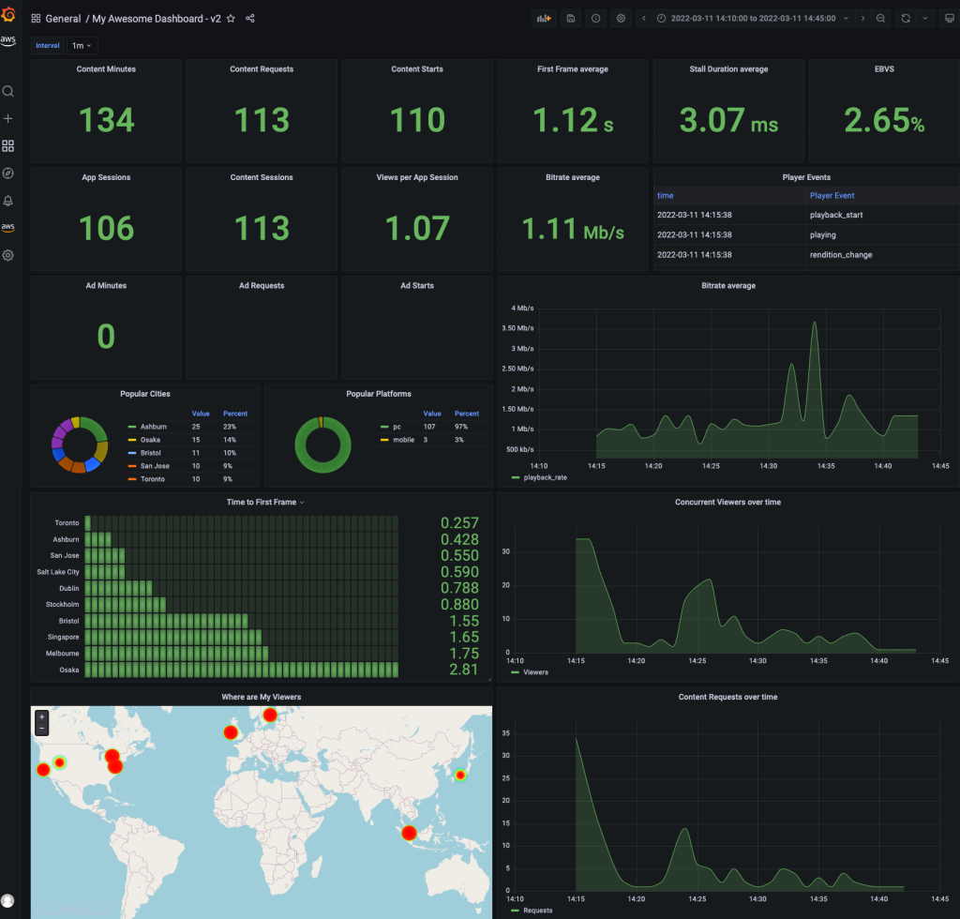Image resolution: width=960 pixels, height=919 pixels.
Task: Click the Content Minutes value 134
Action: click(x=107, y=120)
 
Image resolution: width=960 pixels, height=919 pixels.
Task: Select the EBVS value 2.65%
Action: click(x=883, y=120)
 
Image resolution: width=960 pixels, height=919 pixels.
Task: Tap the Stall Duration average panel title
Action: click(x=727, y=69)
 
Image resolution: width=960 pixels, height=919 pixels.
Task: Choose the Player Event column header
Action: click(x=832, y=196)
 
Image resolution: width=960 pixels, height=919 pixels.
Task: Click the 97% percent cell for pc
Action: click(x=460, y=426)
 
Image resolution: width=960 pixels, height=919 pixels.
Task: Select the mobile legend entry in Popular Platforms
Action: click(x=403, y=439)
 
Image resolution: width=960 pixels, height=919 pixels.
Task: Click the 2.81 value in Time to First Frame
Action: click(x=459, y=670)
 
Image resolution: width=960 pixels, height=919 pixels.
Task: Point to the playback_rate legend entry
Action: click(x=545, y=477)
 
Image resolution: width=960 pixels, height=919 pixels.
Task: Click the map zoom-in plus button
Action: click(x=41, y=716)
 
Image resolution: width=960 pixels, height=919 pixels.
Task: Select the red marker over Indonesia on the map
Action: click(x=408, y=833)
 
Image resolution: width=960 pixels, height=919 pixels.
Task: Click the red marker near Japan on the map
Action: click(x=460, y=776)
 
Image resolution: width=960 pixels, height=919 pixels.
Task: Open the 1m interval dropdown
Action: click(x=83, y=45)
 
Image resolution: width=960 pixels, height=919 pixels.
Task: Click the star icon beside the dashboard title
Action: click(x=231, y=19)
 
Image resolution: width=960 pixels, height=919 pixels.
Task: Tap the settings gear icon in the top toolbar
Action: click(x=621, y=18)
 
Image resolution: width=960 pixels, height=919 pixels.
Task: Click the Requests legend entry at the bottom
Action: click(x=537, y=910)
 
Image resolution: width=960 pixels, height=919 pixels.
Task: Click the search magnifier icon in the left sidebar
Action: click(x=8, y=91)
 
